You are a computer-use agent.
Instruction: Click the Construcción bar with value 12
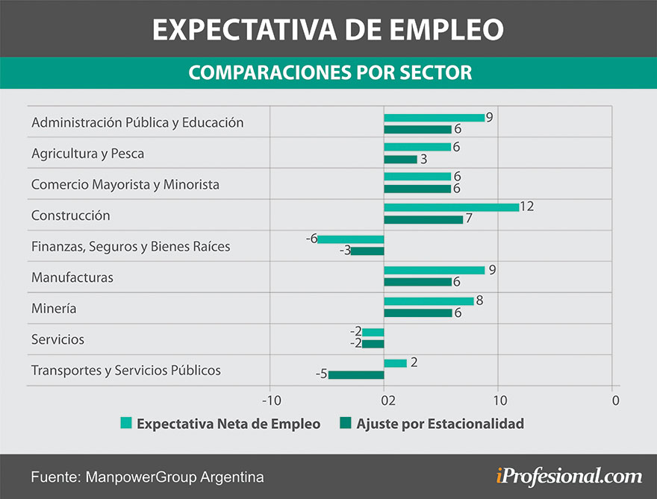[451, 207]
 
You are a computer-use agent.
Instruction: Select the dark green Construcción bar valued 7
[423, 219]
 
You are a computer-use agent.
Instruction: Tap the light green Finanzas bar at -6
[351, 239]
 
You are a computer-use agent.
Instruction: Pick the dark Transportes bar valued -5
[356, 374]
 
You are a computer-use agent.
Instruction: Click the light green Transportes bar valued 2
[395, 363]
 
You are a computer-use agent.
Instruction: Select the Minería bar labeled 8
[429, 301]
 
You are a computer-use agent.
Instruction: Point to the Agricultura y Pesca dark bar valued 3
[400, 159]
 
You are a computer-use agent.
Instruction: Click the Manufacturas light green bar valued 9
[434, 270]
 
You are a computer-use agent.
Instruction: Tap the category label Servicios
[57, 339]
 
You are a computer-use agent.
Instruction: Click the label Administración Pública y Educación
[137, 122]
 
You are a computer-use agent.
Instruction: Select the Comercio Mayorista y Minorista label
[125, 184]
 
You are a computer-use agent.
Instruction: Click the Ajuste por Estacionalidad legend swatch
[345, 424]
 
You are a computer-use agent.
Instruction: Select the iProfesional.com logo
[568, 475]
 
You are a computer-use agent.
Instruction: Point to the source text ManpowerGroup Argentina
[175, 477]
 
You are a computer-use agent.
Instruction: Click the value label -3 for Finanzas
[345, 251]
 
